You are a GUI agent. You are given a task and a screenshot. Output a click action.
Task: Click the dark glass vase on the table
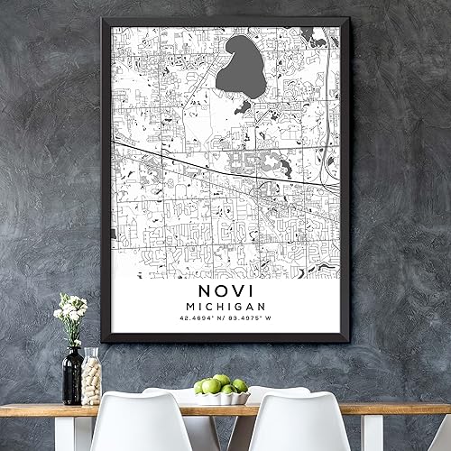click(72, 377)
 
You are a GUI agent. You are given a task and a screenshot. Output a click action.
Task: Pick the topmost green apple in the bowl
click(222, 380)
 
